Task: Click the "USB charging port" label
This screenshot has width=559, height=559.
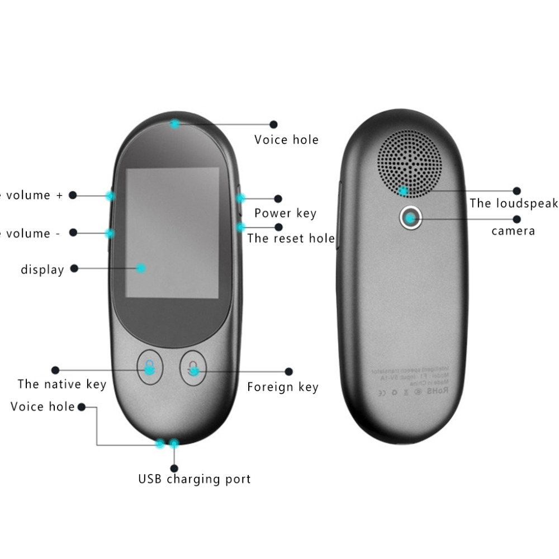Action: pyautogui.click(x=195, y=479)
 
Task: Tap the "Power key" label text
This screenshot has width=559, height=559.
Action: pyautogui.click(x=285, y=213)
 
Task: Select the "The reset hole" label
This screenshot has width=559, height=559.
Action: pyautogui.click(x=291, y=238)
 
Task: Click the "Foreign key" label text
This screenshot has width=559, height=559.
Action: pyautogui.click(x=283, y=387)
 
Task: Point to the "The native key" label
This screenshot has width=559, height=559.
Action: pyautogui.click(x=61, y=384)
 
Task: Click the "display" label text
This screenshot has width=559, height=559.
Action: pyautogui.click(x=42, y=269)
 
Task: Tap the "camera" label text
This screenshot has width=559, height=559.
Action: pyautogui.click(x=513, y=231)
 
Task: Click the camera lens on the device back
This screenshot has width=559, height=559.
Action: pyautogui.click(x=411, y=218)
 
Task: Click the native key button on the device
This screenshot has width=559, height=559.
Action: pyautogui.click(x=149, y=367)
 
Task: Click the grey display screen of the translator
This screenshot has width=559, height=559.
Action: pyautogui.click(x=172, y=232)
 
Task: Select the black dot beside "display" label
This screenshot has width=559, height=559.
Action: pyautogui.click(x=74, y=268)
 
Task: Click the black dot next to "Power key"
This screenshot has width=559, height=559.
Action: pyautogui.click(x=278, y=198)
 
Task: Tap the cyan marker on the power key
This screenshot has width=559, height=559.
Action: pyautogui.click(x=240, y=198)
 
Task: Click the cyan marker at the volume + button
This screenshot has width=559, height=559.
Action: pyautogui.click(x=111, y=196)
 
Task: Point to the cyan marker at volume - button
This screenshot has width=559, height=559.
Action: pyautogui.click(x=111, y=233)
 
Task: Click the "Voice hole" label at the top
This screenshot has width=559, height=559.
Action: pyautogui.click(x=286, y=140)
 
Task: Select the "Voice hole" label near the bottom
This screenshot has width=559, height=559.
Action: pyautogui.click(x=42, y=406)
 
